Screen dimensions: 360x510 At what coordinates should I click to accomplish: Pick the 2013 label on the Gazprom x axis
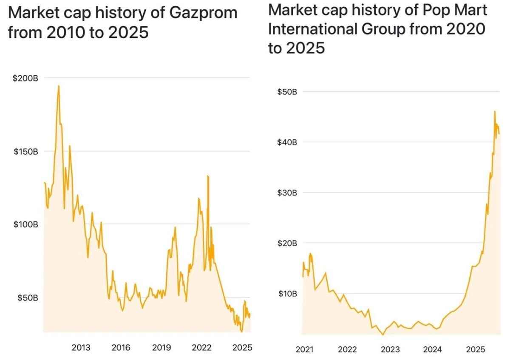click(x=81, y=348)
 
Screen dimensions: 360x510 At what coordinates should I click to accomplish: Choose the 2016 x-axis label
click(x=121, y=348)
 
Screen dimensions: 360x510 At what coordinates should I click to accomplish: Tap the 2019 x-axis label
click(x=161, y=348)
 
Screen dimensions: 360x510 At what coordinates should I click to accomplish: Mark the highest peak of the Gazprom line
click(x=59, y=86)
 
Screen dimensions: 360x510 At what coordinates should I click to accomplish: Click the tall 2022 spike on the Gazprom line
click(x=208, y=176)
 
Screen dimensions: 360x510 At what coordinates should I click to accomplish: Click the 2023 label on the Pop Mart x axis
click(x=390, y=350)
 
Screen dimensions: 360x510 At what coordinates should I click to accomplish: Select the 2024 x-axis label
click(x=433, y=350)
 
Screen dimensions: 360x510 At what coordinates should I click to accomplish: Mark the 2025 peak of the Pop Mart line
click(x=495, y=111)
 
